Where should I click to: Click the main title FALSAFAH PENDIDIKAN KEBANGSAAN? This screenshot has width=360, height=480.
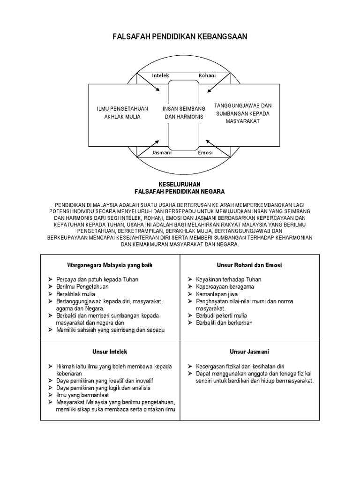coord(180,37)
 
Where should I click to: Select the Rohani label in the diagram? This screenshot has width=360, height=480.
coord(207,75)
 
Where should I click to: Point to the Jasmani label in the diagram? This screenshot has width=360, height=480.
coord(162,153)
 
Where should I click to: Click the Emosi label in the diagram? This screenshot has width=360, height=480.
coord(205,153)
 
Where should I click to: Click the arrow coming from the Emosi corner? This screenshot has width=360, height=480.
coord(214,143)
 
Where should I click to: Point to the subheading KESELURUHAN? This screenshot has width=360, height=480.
coord(180,185)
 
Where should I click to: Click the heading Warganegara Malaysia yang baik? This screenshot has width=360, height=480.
coord(110,265)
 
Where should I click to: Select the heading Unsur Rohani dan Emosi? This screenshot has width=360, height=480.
coord(249,265)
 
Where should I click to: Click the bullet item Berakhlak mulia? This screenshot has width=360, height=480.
coord(75,294)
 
